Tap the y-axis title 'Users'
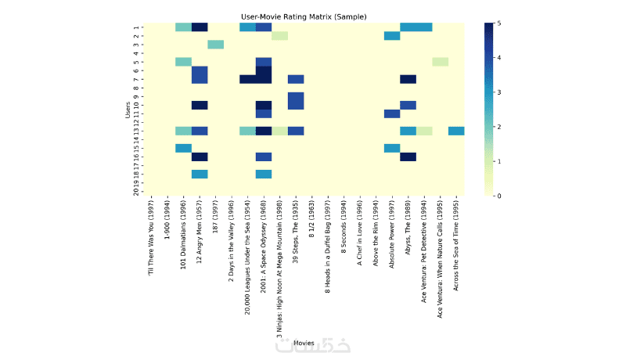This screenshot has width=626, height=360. click(128, 109)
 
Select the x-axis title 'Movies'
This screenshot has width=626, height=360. click(304, 342)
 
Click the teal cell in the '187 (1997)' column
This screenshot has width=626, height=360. click(215, 45)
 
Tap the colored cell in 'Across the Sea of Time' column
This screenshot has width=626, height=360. click(456, 131)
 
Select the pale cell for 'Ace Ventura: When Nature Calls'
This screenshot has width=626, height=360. click(441, 62)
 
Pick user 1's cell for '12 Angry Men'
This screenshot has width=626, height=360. click(200, 27)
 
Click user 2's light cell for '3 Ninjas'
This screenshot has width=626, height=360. click(279, 36)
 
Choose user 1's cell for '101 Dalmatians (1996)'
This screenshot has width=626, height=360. click(183, 27)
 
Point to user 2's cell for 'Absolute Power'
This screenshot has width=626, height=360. click(392, 36)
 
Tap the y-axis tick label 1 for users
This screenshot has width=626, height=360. click(138, 27)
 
